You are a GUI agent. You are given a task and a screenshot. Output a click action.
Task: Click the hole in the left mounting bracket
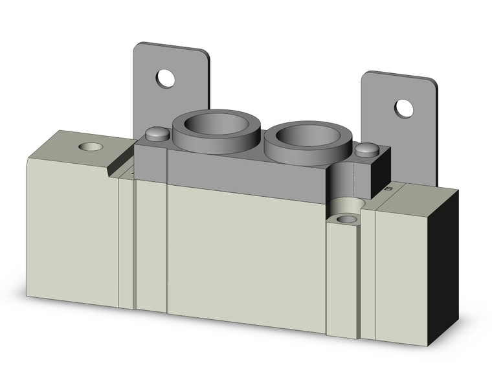[x=166, y=79]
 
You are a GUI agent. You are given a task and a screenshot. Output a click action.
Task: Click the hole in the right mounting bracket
[x=404, y=108]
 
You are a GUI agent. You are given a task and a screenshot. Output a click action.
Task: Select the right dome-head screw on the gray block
[x=366, y=150]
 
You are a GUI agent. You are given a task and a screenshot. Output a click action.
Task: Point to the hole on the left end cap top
[x=90, y=146]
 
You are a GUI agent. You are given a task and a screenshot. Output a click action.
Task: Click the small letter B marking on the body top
[x=388, y=189]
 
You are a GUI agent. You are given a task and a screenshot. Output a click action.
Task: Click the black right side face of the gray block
[x=383, y=170]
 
